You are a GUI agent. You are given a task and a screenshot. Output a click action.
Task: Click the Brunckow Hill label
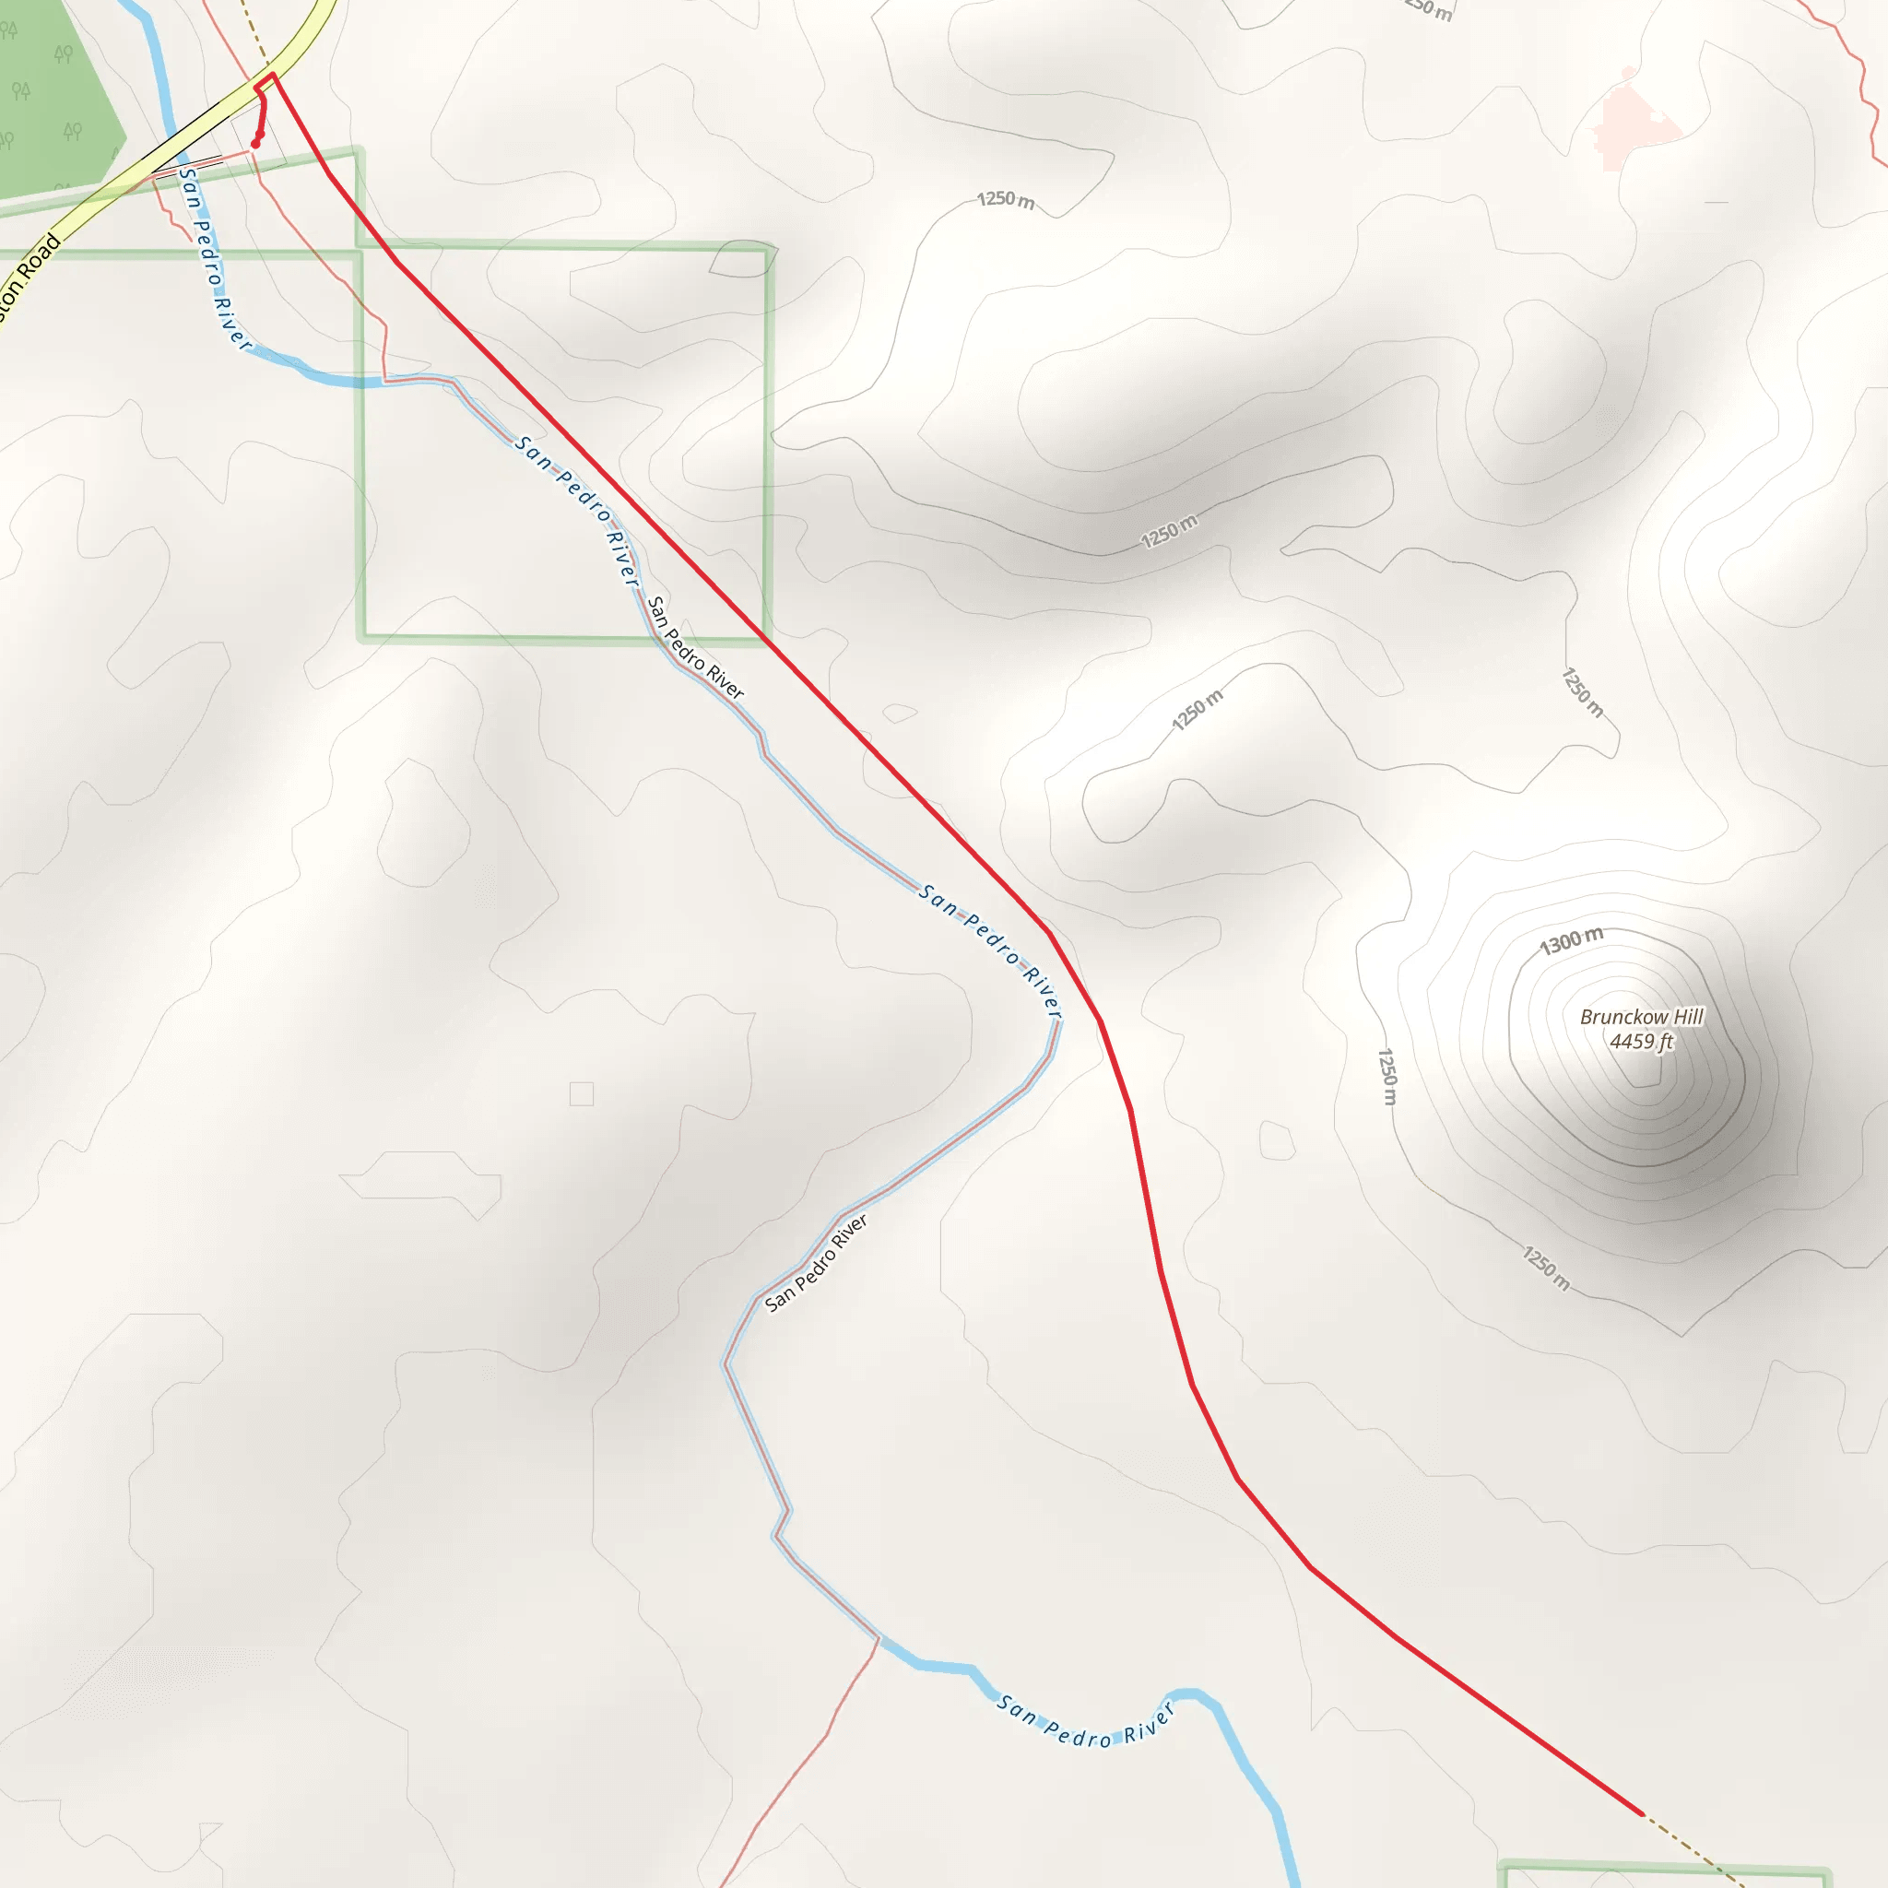point(1641,1016)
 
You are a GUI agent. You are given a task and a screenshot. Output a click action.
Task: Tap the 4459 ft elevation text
point(1641,1042)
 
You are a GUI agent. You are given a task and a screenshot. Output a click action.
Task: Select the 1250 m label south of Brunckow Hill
point(1546,1268)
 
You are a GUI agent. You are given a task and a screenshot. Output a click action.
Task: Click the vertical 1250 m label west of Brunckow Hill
point(1386,1076)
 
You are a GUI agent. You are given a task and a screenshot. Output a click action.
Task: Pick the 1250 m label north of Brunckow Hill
point(1581,692)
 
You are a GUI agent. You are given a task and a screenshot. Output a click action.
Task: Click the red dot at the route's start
point(255,144)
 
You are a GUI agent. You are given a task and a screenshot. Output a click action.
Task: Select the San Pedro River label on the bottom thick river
point(1084,1729)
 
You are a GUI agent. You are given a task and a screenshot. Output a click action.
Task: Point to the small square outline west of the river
point(582,1093)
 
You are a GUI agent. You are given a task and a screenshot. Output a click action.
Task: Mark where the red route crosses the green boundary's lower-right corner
point(768,640)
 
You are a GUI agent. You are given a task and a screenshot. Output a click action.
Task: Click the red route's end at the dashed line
point(1644,1813)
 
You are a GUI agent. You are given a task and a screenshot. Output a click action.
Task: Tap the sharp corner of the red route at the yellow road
point(273,75)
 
